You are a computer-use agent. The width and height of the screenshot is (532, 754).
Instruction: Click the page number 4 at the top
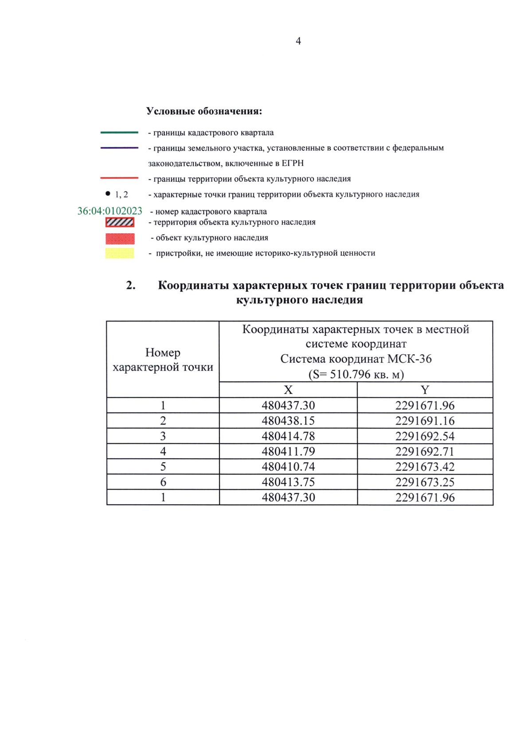pyautogui.click(x=298, y=41)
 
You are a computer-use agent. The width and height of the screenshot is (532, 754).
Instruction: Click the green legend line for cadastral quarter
pyautogui.click(x=119, y=132)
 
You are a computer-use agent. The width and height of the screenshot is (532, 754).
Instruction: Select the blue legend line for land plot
pyautogui.click(x=119, y=148)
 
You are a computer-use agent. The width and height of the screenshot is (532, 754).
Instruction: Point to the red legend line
pyautogui.click(x=119, y=178)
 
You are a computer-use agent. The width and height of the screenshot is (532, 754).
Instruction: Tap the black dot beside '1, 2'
pyautogui.click(x=108, y=193)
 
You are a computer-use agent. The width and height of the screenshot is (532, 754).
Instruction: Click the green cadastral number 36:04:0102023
pyautogui.click(x=110, y=211)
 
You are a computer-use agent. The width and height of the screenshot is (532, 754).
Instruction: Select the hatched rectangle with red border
pyautogui.click(x=120, y=222)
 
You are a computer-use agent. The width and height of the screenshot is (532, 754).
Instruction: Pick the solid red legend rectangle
pyautogui.click(x=120, y=239)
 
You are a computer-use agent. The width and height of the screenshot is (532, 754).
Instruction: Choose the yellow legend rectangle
pyautogui.click(x=120, y=253)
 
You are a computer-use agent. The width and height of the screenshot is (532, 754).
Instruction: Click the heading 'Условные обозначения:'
pyautogui.click(x=204, y=111)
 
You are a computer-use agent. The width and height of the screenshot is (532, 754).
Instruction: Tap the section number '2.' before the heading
pyautogui.click(x=131, y=285)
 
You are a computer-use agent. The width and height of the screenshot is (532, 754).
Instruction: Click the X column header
pyautogui.click(x=288, y=390)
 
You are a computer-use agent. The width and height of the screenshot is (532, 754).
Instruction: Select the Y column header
pyautogui.click(x=425, y=390)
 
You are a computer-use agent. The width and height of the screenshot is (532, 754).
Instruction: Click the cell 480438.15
pyautogui.click(x=288, y=420)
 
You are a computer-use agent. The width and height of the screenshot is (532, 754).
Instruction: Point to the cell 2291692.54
pyautogui.click(x=425, y=436)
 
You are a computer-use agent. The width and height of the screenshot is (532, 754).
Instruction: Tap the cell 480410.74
pyautogui.click(x=288, y=467)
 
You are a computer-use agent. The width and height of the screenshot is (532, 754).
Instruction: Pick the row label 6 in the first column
pyautogui.click(x=163, y=482)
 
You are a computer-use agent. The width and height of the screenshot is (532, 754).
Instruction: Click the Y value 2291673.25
pyautogui.click(x=425, y=482)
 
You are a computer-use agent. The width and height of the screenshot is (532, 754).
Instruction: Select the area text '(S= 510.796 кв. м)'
pyautogui.click(x=356, y=374)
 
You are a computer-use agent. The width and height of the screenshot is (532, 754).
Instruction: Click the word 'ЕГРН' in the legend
pyautogui.click(x=293, y=163)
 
